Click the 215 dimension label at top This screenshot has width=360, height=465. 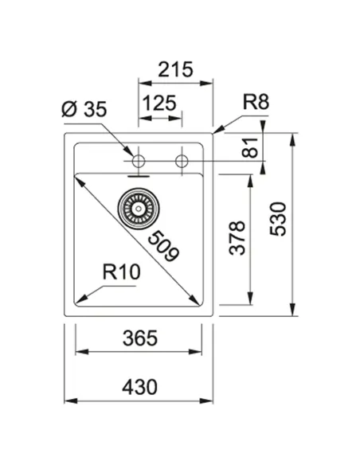175,69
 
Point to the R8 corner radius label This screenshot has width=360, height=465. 256,102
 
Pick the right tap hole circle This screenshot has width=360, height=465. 182,162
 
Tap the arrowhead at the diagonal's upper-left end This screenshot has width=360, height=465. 80,180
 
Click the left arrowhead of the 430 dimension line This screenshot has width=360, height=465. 68,400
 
